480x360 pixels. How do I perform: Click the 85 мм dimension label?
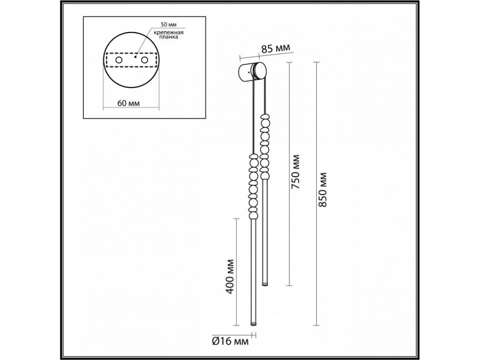(x=276, y=49)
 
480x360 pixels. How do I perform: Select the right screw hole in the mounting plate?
(x=143, y=61)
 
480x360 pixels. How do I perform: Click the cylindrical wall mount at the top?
(x=250, y=71)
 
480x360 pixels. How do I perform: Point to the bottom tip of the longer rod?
(x=253, y=323)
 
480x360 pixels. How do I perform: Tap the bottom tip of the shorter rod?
(x=265, y=283)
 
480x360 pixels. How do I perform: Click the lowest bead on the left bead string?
(x=253, y=213)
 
